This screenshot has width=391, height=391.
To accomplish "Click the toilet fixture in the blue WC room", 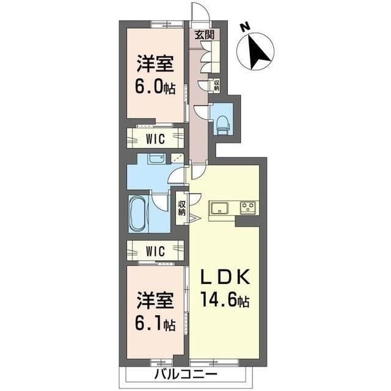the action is coord(222,123).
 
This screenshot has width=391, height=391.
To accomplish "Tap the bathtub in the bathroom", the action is coord(139,213).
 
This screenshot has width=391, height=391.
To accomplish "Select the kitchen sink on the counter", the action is coord(219,208).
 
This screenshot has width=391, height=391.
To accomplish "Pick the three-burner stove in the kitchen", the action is coord(248,207).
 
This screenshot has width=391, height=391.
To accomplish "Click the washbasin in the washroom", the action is coord(156,158).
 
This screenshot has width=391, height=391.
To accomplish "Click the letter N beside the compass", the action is coord(246,27).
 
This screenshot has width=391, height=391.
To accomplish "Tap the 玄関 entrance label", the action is coord(204,35).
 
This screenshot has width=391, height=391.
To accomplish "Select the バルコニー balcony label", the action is coord(186,374).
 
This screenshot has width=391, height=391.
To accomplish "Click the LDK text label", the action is coord(225,277).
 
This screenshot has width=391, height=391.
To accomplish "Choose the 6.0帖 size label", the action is coord(155,87).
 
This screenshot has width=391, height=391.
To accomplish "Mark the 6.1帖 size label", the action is coord(155,323).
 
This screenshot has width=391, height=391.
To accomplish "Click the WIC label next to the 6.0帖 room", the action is coord(155,139).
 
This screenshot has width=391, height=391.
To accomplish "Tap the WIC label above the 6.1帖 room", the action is coord(155,251).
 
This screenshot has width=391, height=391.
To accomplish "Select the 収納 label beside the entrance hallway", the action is coord(217,85).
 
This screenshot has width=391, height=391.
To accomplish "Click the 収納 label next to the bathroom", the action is coord(182,208).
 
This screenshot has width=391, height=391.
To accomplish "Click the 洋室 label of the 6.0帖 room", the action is coord(155,64).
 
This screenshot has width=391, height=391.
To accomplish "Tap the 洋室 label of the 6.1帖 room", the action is coord(155,300).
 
